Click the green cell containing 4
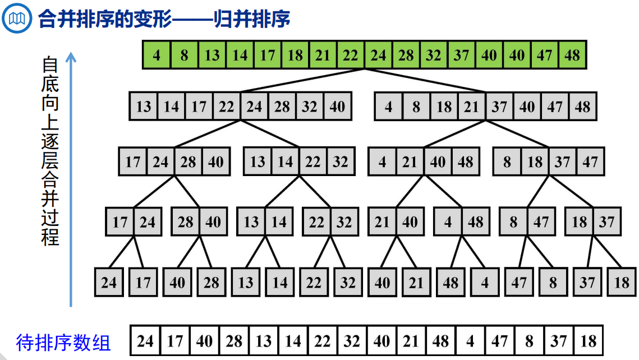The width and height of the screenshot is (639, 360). pos(157,55)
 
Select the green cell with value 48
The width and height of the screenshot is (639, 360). pos(572,55)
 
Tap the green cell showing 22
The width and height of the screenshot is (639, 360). pos(351,55)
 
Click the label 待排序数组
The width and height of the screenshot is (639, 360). pos(63,342)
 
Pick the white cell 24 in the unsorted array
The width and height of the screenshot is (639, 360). pos(145,341)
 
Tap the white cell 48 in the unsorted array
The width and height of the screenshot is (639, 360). pos(440,341)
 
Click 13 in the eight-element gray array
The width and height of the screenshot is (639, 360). pos(144,106)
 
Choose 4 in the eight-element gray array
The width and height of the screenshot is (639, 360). pos(389,106)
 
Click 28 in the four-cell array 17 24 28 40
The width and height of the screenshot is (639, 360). pos(188,162)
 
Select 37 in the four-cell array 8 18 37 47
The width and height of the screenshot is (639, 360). pos(562,162)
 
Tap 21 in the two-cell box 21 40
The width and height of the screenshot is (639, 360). pos(382,222)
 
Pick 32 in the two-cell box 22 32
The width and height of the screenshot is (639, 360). pos(344,222)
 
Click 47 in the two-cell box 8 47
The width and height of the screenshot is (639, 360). pos(541,222)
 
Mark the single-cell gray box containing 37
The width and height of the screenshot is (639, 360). pos(587,282)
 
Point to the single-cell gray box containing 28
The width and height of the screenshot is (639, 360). pos(212,282)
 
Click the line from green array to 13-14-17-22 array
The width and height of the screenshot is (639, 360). pos(303,80)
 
